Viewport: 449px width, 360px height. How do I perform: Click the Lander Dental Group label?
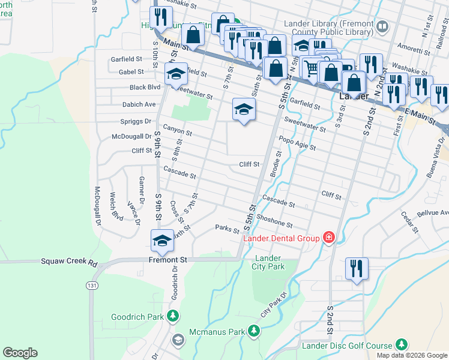[281, 238]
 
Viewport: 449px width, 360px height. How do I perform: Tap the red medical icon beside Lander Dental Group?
[328, 238]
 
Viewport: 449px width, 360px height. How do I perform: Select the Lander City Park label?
[268, 262]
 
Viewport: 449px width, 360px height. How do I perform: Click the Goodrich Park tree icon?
[173, 316]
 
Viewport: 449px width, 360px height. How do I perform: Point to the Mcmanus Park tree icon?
[254, 331]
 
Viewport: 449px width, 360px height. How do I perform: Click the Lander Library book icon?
[382, 27]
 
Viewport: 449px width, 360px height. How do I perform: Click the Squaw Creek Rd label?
[69, 262]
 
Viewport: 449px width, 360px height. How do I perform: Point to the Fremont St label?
[169, 260]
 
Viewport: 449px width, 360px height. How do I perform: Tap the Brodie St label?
[277, 163]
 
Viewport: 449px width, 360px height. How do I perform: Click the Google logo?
[20, 353]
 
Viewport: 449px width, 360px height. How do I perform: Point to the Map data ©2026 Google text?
[411, 355]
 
